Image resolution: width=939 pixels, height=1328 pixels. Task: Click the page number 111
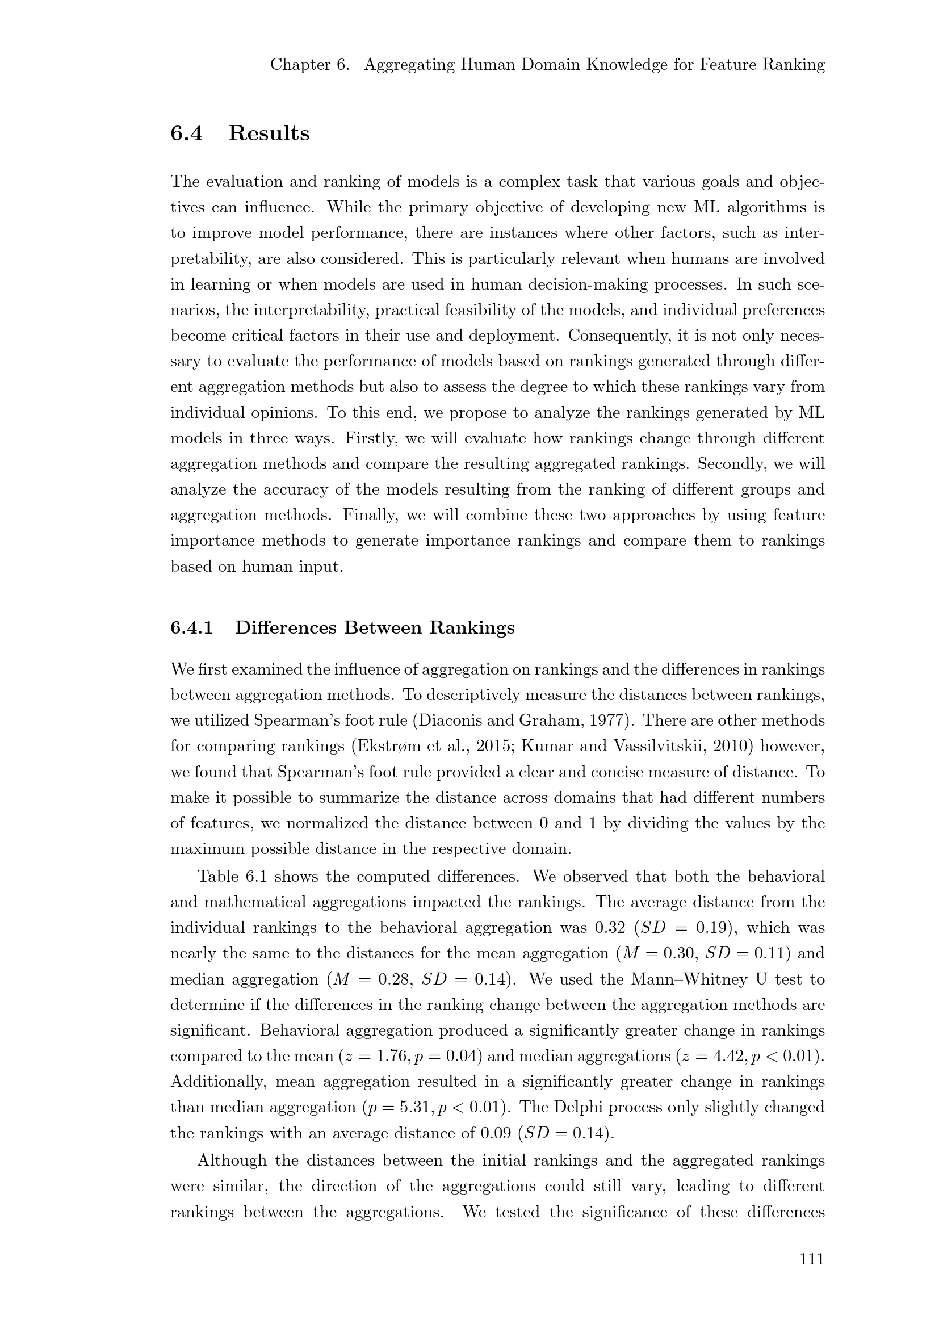pyautogui.click(x=812, y=1258)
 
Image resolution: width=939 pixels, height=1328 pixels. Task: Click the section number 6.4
pyautogui.click(x=186, y=133)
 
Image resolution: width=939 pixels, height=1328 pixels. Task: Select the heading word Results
pyautogui.click(x=269, y=133)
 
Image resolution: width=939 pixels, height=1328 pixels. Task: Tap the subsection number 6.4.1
pyautogui.click(x=191, y=627)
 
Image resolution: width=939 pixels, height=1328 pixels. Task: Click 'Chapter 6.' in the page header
pyautogui.click(x=310, y=65)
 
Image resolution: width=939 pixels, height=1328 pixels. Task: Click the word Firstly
pyautogui.click(x=370, y=438)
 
